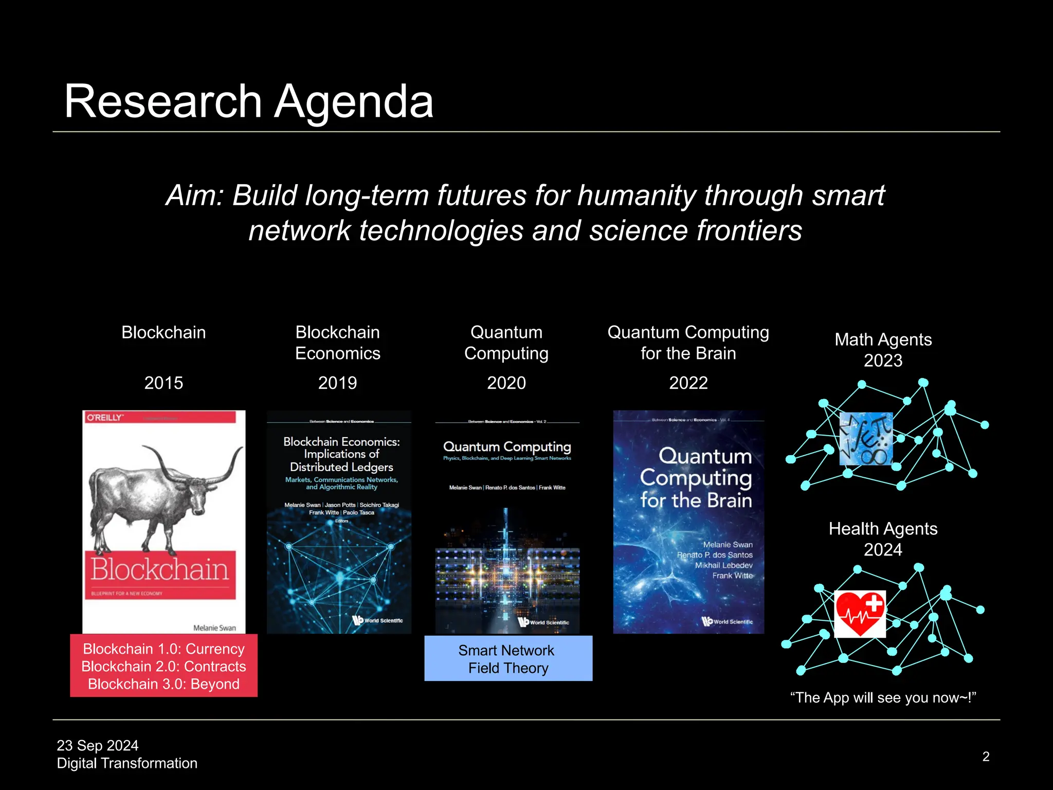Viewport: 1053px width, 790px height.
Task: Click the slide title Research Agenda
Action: [x=249, y=101]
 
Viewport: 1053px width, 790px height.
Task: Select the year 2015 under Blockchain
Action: [x=164, y=383]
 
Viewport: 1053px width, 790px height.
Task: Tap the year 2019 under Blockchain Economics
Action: [x=337, y=383]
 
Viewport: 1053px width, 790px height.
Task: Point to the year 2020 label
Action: [x=506, y=383]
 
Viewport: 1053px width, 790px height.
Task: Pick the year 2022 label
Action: [x=688, y=383]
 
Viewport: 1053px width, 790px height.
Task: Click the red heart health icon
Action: [x=860, y=614]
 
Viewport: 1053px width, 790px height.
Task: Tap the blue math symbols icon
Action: [x=866, y=439]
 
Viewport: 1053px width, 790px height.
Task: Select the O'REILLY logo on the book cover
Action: [x=105, y=417]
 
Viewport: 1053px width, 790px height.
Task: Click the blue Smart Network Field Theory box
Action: [x=508, y=659]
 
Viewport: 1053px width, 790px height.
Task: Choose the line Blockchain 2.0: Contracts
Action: [x=164, y=667]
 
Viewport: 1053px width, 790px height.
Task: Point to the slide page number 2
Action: [x=986, y=757]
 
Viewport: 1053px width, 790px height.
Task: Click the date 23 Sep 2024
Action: [x=98, y=745]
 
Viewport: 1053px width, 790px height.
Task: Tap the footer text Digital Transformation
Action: [x=127, y=763]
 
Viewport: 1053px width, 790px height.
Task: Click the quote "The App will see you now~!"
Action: [x=883, y=698]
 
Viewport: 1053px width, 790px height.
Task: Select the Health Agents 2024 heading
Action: [x=883, y=539]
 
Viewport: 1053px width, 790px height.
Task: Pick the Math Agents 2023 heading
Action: [x=883, y=350]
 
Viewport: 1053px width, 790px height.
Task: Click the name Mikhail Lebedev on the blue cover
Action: [x=723, y=565]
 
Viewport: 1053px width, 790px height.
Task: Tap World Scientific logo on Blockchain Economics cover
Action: [x=378, y=620]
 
